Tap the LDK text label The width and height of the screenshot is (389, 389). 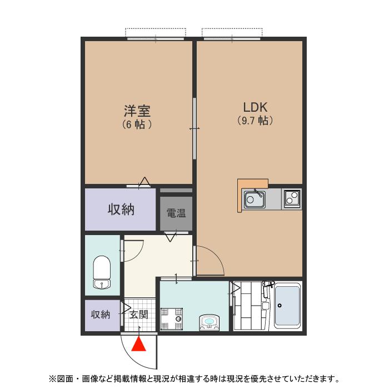coord(255,107)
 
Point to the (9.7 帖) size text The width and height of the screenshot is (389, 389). coord(255,121)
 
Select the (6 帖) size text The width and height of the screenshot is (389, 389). coord(137,124)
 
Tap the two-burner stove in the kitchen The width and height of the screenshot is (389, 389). coord(292,198)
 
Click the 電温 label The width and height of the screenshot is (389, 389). coord(176,213)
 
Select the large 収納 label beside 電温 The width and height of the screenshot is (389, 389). coord(121,210)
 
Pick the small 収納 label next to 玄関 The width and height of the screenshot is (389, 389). coord(101,315)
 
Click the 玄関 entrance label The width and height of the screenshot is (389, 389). coord(139,315)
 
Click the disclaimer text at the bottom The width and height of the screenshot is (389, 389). coord(194,379)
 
